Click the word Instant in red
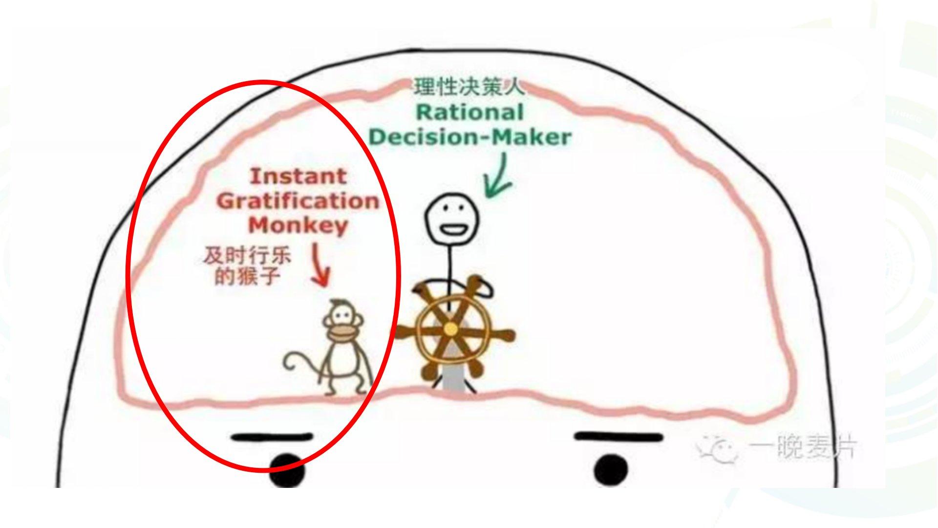pos(298,176)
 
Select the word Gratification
pos(298,201)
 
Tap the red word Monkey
pos(298,225)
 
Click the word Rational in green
pos(469,112)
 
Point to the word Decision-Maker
pos(469,137)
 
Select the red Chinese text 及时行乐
pos(247,256)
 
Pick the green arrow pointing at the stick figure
pos(497,177)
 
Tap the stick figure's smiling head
pos(451,218)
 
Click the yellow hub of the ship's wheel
pos(450,329)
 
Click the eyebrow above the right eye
pos(618,437)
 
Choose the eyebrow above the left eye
pos(272,437)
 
